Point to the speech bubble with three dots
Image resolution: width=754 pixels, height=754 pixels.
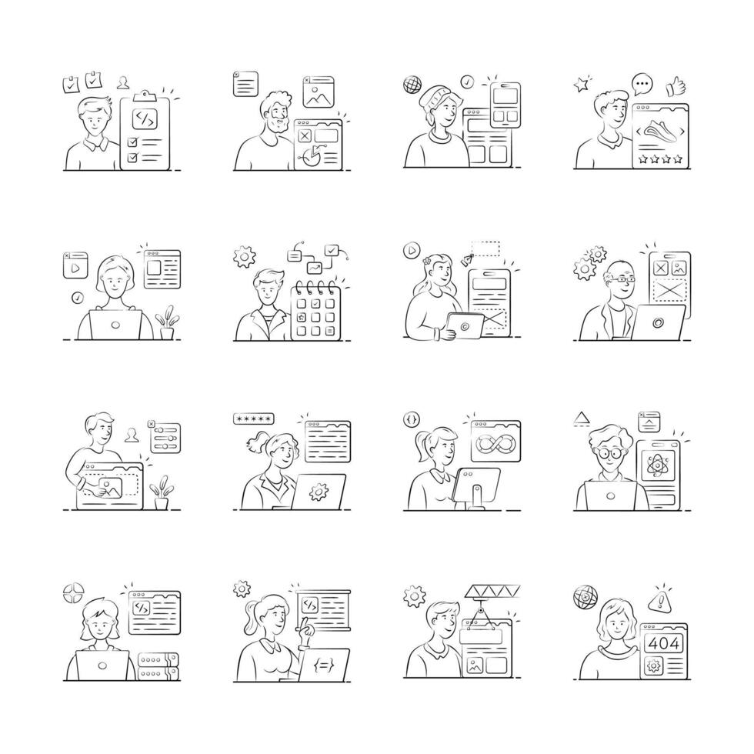click(641, 83)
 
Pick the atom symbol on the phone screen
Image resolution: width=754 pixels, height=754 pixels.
click(657, 466)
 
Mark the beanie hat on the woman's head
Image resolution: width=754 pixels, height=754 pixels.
click(436, 98)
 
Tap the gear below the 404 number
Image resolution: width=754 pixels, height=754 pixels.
click(655, 666)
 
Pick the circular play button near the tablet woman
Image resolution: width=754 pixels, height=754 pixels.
click(412, 250)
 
